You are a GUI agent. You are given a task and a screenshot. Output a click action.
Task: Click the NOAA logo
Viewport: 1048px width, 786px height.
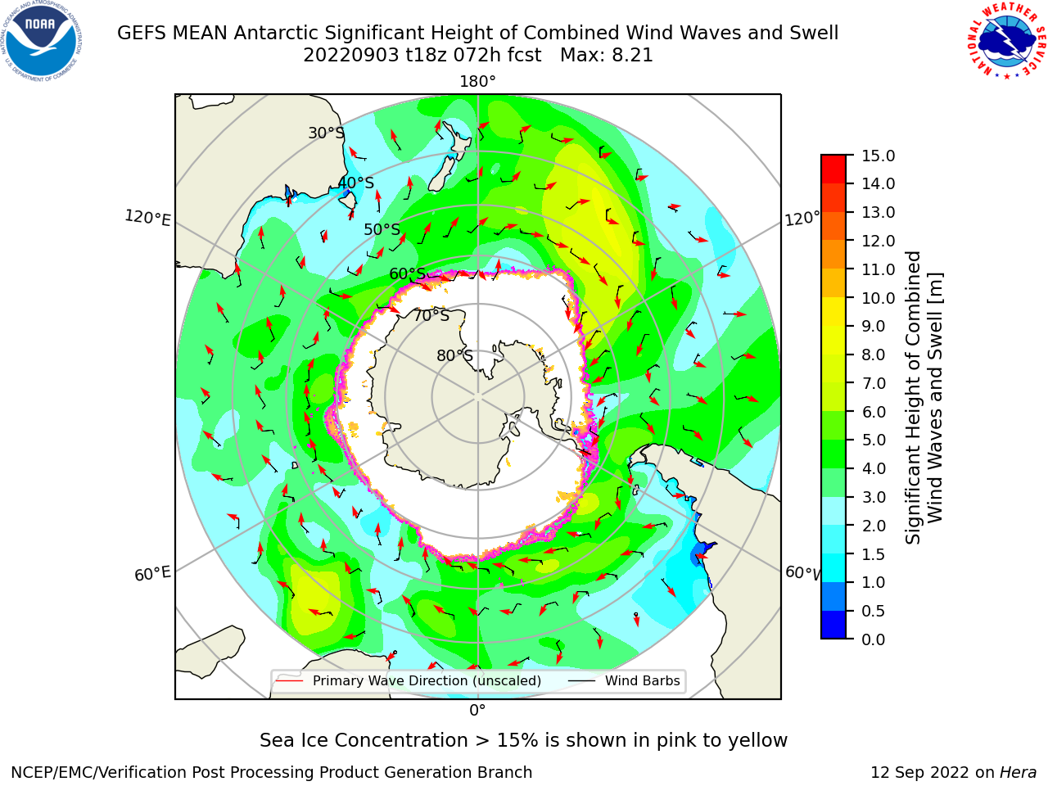(41, 41)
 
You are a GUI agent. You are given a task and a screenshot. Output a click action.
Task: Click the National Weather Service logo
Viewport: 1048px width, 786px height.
(1006, 41)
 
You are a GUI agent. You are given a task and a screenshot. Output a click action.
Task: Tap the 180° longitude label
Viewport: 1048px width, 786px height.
(477, 82)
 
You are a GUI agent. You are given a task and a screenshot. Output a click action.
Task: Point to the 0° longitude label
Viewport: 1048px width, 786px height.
(477, 711)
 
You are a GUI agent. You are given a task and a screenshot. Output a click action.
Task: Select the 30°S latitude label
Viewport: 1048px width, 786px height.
(326, 133)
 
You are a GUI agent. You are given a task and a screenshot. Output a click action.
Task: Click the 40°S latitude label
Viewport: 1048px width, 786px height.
(356, 183)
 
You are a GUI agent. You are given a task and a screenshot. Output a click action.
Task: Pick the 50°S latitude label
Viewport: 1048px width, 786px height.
(382, 229)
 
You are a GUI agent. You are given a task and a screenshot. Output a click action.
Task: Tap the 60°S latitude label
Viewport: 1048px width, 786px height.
(407, 274)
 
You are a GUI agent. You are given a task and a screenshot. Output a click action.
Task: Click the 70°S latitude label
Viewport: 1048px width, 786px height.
(431, 315)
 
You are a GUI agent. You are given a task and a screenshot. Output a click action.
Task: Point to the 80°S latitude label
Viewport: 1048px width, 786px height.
(454, 355)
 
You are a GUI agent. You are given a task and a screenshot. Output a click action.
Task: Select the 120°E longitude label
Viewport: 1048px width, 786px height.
(147, 218)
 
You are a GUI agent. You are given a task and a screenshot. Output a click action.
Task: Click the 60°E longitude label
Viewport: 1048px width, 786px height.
(152, 574)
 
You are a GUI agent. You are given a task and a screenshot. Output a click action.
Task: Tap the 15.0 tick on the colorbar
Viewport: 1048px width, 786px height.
(878, 156)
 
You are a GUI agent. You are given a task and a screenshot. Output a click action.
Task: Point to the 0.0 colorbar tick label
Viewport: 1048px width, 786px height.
(874, 639)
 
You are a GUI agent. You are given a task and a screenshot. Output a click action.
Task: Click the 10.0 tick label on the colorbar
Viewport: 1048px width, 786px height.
(878, 298)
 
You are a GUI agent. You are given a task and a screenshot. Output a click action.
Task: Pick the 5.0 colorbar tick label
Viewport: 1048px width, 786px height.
(874, 440)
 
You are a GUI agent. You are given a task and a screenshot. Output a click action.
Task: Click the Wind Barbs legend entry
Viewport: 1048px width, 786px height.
(624, 681)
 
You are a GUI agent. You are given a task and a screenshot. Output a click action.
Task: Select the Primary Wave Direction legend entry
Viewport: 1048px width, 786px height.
(409, 681)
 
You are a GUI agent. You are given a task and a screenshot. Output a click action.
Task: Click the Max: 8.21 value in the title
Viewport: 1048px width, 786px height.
(607, 56)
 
